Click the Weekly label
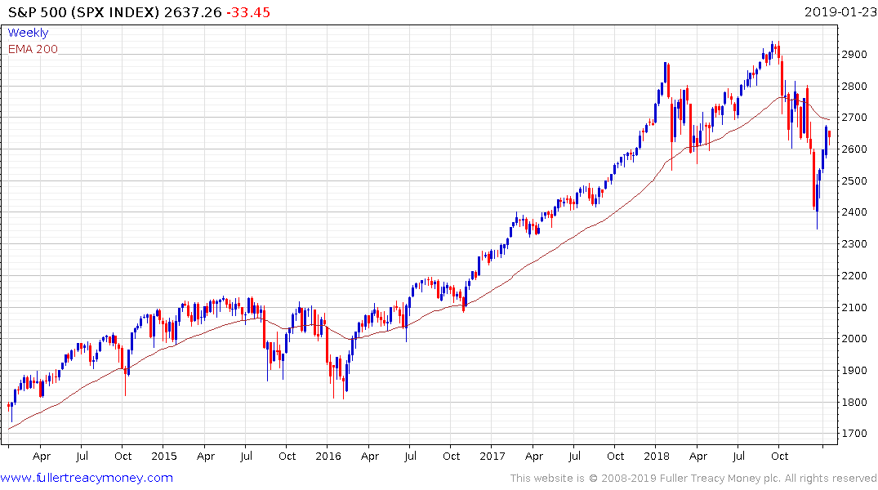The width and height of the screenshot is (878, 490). pyautogui.click(x=28, y=33)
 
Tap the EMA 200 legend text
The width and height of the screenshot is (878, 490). pyautogui.click(x=33, y=49)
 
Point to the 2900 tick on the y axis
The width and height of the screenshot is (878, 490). pyautogui.click(x=854, y=54)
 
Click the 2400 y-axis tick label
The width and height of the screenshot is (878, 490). pyautogui.click(x=854, y=212)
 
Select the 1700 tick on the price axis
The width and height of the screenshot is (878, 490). pyautogui.click(x=854, y=434)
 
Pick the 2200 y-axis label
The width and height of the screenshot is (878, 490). pyautogui.click(x=854, y=275)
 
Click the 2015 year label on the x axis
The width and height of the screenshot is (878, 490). pyautogui.click(x=164, y=457)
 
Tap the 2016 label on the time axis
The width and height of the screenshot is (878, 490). pyautogui.click(x=328, y=457)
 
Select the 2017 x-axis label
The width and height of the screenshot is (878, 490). pyautogui.click(x=492, y=457)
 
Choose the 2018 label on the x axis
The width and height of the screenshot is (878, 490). pyautogui.click(x=657, y=457)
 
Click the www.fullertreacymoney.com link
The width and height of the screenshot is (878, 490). pyautogui.click(x=87, y=478)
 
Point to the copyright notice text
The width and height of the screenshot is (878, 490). pyautogui.click(x=693, y=479)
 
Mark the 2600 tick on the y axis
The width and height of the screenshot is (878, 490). pyautogui.click(x=854, y=149)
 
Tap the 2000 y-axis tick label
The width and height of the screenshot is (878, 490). pyautogui.click(x=854, y=339)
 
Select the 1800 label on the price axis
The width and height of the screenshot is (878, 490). pyautogui.click(x=854, y=402)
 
